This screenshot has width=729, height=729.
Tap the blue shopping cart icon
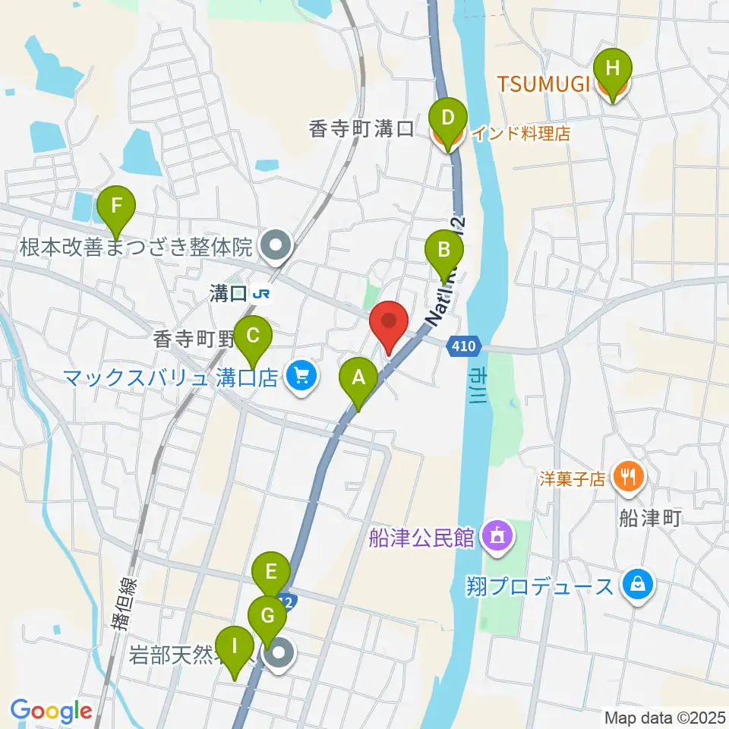301,375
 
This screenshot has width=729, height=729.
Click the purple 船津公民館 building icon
497,538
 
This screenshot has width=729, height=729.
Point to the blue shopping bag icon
639,585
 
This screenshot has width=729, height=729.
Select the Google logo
50,711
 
